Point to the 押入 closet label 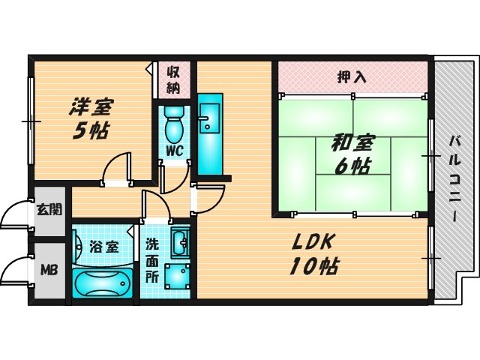(351, 76)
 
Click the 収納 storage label (173, 79)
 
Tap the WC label (174, 149)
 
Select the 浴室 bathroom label (103, 245)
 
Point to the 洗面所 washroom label (152, 258)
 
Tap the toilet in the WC (174, 124)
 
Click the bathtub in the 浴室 (102, 283)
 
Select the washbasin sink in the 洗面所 (180, 243)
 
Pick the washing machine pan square (178, 278)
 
